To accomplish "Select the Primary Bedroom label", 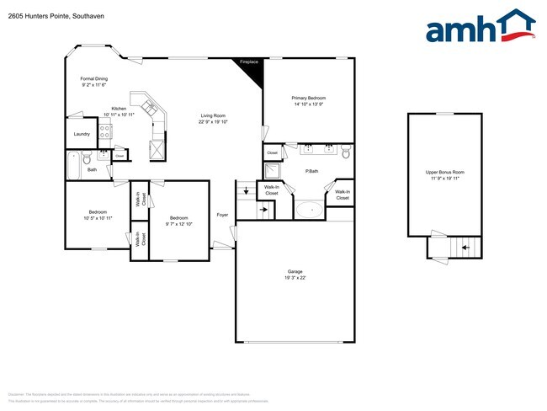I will click(308, 98).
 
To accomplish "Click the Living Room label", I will click(212, 115).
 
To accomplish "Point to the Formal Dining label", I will click(94, 79).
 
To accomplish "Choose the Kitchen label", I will click(119, 109).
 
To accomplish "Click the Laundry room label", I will click(82, 134).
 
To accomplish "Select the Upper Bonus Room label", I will click(444, 173).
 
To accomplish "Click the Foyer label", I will click(222, 215).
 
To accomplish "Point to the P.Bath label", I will click(311, 172).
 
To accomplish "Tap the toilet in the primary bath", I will click(345, 152).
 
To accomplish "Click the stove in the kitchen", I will click(106, 131).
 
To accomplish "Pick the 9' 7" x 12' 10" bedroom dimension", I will click(178, 224).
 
